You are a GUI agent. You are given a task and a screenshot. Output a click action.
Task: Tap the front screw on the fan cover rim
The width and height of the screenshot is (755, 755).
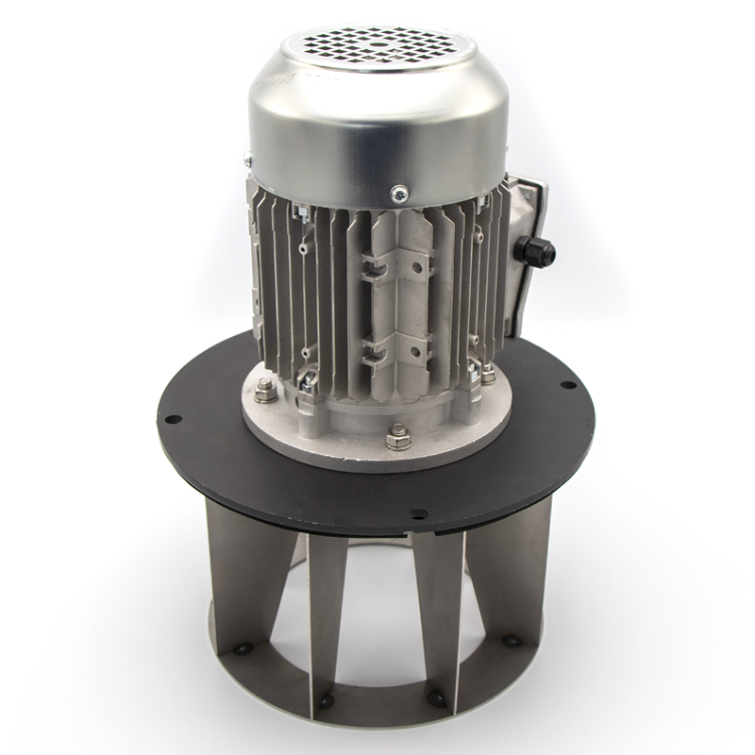tap(398, 193)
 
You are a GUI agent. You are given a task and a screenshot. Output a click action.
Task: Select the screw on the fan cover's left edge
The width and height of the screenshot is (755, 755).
tap(247, 159)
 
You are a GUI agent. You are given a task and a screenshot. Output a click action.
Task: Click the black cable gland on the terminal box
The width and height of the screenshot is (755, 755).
tap(533, 252)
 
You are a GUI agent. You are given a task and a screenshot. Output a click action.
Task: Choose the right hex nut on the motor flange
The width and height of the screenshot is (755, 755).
tap(487, 375)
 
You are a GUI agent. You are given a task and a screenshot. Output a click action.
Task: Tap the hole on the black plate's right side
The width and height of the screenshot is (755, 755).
tap(566, 385)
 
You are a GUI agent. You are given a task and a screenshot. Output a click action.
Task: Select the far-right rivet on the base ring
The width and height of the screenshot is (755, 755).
tap(512, 641)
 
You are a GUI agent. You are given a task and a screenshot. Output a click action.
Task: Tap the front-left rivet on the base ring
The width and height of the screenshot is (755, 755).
tap(326, 701)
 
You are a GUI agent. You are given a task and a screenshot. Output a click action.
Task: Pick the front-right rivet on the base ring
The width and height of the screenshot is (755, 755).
tap(437, 698)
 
